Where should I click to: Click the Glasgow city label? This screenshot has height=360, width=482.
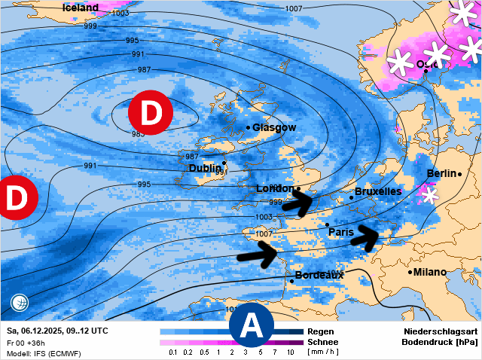coord(274,127)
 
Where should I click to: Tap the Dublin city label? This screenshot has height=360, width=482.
coord(206,168)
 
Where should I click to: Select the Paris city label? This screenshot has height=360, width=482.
coord(341,232)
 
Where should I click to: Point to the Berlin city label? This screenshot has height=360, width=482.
coord(441,174)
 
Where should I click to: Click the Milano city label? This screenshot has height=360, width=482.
coord(430,272)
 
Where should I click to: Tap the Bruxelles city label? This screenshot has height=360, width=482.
coord(377,191)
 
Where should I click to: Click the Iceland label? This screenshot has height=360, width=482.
coord(81,8)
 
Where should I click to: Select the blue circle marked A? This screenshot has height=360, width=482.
coord(251,327)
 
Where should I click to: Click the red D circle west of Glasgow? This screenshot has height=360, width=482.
coord(151,113)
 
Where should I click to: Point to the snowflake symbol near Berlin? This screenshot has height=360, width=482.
coord(429,195)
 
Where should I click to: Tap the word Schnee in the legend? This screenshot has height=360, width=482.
coord(322,342)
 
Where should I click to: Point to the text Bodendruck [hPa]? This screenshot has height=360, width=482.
coord(441,342)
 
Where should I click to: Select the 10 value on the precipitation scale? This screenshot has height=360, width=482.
coord(290,352)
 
